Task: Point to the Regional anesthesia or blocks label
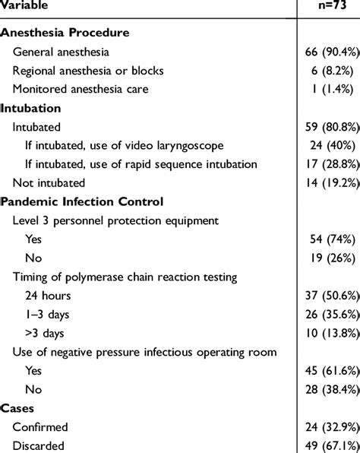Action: (x=88, y=71)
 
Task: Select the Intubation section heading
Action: (x=31, y=109)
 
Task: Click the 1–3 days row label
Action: (x=46, y=314)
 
